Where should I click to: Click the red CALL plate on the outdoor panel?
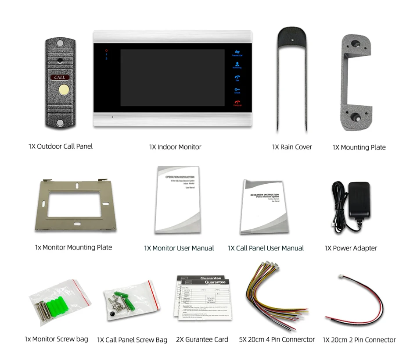[x=60, y=78]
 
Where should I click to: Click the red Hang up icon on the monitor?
[x=237, y=103]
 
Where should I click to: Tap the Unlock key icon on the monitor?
[x=237, y=90]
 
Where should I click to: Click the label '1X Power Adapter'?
[x=351, y=248]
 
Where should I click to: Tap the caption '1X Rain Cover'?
[x=292, y=147]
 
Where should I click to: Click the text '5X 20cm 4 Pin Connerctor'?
[x=277, y=339]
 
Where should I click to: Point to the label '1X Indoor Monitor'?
[x=175, y=147]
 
